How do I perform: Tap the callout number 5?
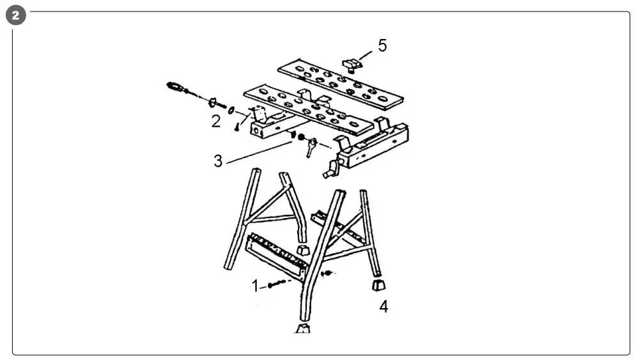click(x=382, y=45)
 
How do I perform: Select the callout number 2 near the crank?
click(x=216, y=121)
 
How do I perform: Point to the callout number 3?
click(x=218, y=160)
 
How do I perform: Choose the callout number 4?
click(x=383, y=307)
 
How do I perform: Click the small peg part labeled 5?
click(x=350, y=63)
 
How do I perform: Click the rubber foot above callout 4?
click(x=379, y=283)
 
